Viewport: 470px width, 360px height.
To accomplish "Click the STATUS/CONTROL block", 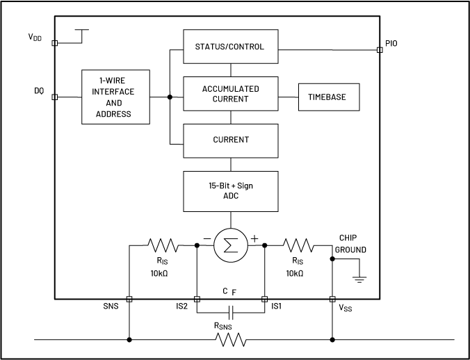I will pos(230,47).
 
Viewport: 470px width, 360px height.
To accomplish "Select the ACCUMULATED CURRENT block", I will pos(230,94).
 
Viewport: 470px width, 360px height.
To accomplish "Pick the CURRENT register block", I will pos(230,140).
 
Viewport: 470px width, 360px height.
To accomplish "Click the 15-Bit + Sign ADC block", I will pos(230,191).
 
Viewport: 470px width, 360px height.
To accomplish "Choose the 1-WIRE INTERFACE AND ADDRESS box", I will pos(115,97).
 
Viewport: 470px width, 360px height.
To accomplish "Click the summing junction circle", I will pos(230,244).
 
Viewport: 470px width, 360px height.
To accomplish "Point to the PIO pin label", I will pos(391,43).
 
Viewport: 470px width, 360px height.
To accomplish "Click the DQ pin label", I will pos(39,91).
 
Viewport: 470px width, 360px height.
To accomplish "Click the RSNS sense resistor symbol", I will pos(230,340).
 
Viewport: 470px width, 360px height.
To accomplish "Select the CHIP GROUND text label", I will pos(350,243).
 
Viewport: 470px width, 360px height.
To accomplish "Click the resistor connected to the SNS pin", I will pos(162,245).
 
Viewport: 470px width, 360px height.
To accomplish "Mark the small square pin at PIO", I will pos(379,49).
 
